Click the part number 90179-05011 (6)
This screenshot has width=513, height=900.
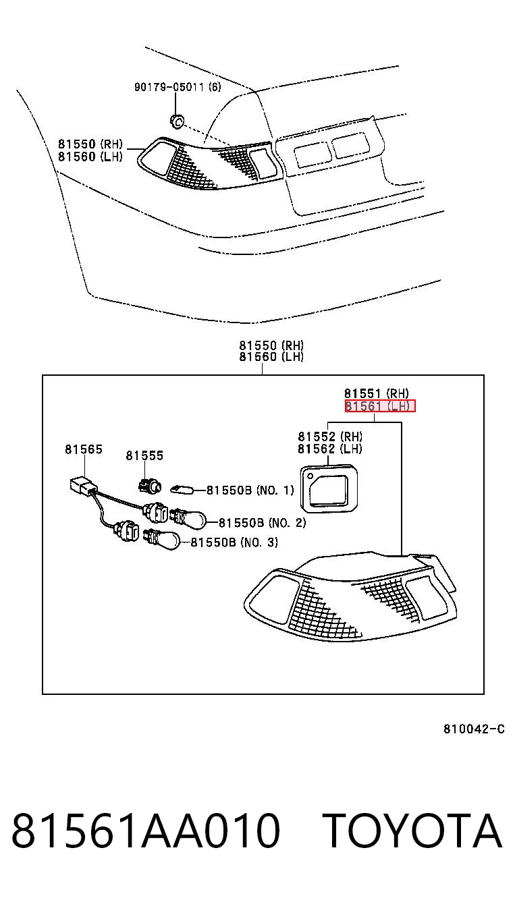coord(178,86)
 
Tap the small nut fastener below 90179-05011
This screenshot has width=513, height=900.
coord(176,121)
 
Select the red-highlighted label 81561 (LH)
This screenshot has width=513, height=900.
coord(380,406)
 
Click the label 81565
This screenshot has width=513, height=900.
coord(84,449)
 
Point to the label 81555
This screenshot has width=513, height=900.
coord(144,455)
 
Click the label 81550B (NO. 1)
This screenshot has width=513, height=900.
coord(250,490)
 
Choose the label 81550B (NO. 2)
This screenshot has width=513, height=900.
coord(262,523)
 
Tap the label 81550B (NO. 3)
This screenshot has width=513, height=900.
coord(234,542)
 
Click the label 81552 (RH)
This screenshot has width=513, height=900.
coord(330,437)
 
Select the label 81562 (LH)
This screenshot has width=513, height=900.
coord(330,449)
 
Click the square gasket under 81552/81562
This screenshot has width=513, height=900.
coord(329,488)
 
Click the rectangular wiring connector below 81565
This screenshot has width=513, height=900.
coord(81,486)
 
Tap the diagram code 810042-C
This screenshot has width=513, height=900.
coord(474,729)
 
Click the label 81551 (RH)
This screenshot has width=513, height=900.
coord(377,393)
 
